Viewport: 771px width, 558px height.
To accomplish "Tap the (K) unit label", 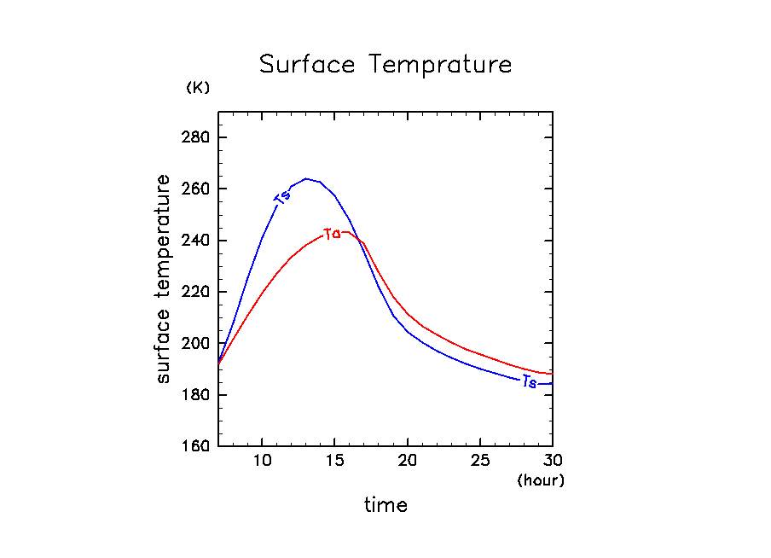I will click(x=197, y=88).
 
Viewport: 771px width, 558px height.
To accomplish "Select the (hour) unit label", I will click(x=541, y=480).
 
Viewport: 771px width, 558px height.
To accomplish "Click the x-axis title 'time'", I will click(x=385, y=505).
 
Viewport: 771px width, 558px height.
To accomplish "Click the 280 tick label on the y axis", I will click(x=197, y=137).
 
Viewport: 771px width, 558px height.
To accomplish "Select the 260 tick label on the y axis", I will click(x=197, y=189).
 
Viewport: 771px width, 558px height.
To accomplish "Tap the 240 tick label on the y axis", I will click(x=197, y=241).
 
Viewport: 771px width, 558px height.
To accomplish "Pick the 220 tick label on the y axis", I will click(x=197, y=292).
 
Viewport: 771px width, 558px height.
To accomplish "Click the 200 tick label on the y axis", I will click(x=197, y=343).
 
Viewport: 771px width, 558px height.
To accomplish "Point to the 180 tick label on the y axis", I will click(x=197, y=395).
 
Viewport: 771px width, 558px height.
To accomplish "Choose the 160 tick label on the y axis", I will click(x=197, y=446).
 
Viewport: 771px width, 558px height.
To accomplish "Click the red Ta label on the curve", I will click(x=333, y=234).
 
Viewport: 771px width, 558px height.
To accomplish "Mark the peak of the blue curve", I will click(x=305, y=179).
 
